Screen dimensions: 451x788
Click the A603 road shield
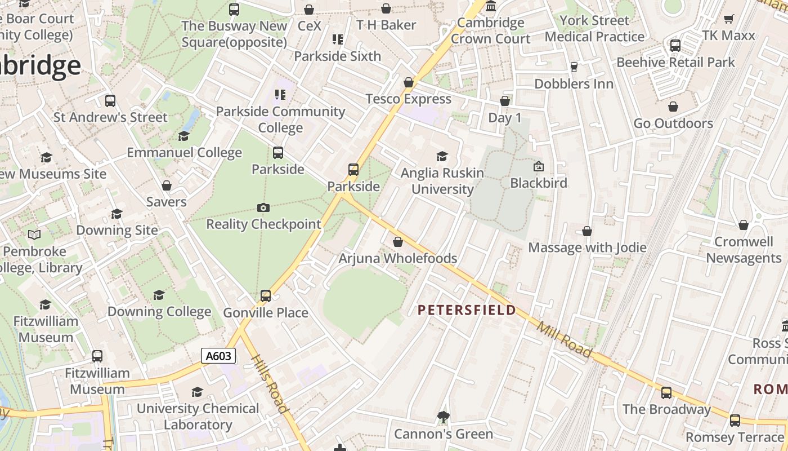coord(218,356)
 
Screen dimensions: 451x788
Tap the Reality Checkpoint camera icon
coord(263,207)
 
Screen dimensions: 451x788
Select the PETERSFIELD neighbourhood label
coord(467,309)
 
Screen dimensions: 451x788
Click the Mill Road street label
coord(564,339)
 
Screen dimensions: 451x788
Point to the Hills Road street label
coord(270,384)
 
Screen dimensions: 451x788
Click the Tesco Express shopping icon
coord(409,83)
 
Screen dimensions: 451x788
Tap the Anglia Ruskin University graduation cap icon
coord(442,156)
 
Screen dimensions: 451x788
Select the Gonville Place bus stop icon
coord(266,295)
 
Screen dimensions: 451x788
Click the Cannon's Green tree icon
coord(443,417)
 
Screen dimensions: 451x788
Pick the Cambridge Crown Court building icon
coord(491,7)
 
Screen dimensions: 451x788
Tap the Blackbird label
coord(539,183)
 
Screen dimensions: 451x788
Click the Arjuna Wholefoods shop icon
coord(398,242)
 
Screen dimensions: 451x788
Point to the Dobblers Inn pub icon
coord(574,67)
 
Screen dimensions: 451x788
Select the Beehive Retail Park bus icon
coord(675,46)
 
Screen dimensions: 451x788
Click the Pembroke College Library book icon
coord(34,235)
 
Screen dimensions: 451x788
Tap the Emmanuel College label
coord(184,153)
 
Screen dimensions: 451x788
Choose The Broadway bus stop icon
coord(666,393)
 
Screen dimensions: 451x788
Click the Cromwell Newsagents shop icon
coord(744,225)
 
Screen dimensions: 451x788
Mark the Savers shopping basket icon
coord(167,185)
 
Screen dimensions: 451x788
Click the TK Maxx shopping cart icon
coord(728,19)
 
